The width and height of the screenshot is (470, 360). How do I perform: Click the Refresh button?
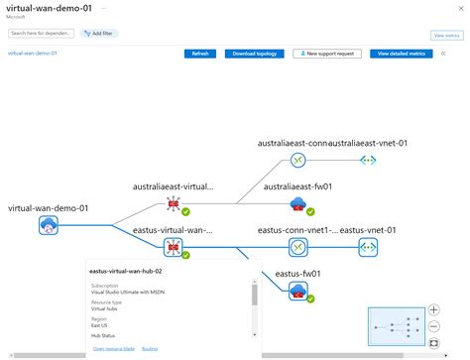[199, 54]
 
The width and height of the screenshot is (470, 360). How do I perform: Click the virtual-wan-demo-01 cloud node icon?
[48, 226]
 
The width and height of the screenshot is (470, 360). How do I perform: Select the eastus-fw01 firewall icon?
[296, 291]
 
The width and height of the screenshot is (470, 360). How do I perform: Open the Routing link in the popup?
[150, 348]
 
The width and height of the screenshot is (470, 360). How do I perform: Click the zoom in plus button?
[434, 309]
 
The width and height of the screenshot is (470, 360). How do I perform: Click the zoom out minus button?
[434, 325]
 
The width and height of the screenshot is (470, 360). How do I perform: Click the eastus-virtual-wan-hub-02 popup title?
[125, 270]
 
